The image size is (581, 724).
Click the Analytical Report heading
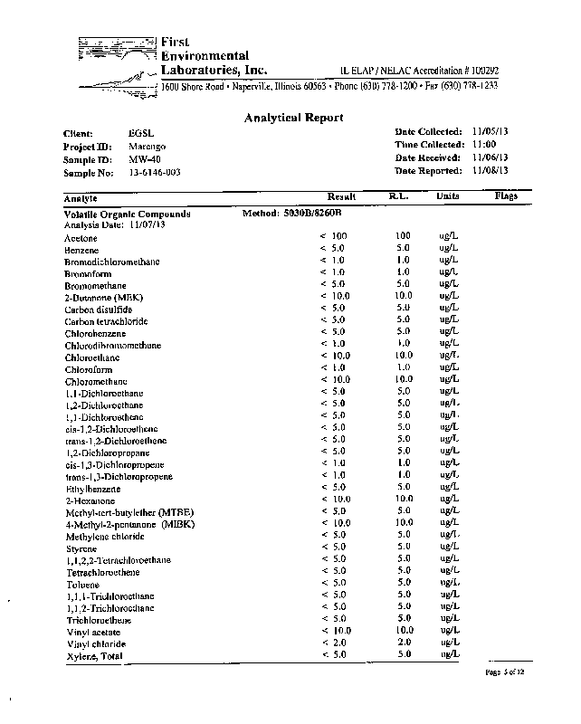(294, 118)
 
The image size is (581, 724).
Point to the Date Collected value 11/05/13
(491, 131)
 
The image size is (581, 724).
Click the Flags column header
(507, 195)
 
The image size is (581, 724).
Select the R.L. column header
(399, 195)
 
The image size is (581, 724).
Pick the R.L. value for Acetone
(404, 236)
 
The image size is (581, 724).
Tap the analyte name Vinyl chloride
(95, 643)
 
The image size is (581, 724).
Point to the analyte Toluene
(81, 584)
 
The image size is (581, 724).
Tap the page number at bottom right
(505, 673)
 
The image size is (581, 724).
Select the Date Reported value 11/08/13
(491, 170)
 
